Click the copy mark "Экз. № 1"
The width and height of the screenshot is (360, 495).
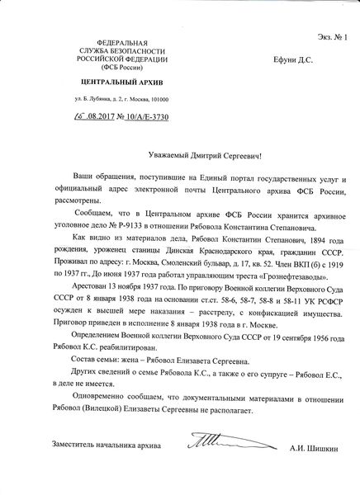(x=333, y=14)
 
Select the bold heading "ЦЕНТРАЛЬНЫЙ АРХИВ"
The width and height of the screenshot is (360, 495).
(x=121, y=83)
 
